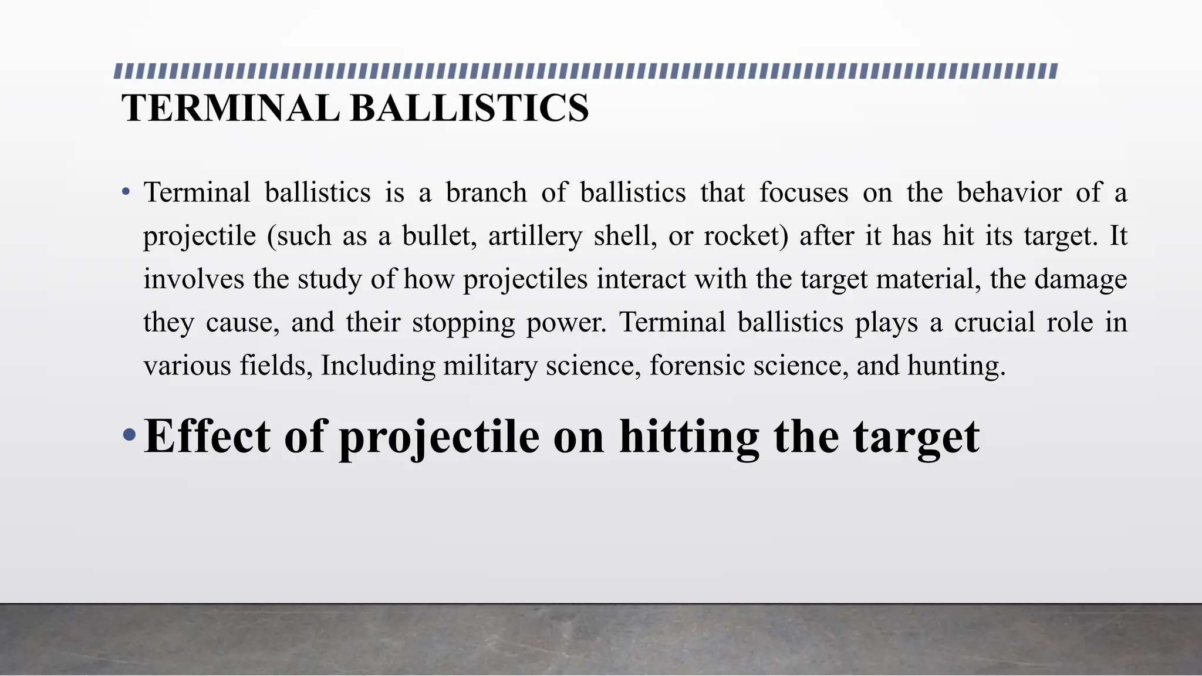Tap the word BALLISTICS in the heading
coord(470,109)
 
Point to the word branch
coord(486,192)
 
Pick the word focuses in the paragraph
coord(803,192)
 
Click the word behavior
coord(1009,192)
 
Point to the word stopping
coord(463,323)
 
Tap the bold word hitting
coord(689,437)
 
